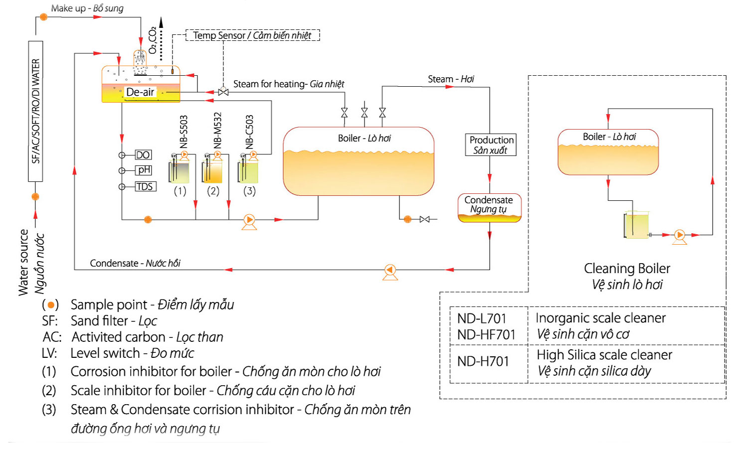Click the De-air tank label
pyautogui.click(x=140, y=92)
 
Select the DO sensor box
pyautogui.click(x=143, y=155)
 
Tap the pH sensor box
pyautogui.click(x=144, y=170)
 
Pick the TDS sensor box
pyautogui.click(x=145, y=186)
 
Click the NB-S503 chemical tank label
pyautogui.click(x=184, y=132)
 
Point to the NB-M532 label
pyautogui.click(x=217, y=130)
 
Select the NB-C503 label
pyautogui.click(x=250, y=132)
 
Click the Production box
pyautogui.click(x=491, y=145)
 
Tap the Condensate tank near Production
pyautogui.click(x=489, y=207)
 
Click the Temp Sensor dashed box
pyautogui.click(x=252, y=35)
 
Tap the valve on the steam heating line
pyautogui.click(x=223, y=92)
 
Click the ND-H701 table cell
pyautogui.click(x=483, y=361)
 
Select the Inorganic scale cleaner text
pyautogui.click(x=600, y=318)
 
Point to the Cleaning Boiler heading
pyautogui.click(x=627, y=269)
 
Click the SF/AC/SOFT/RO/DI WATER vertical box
pyautogui.click(x=35, y=111)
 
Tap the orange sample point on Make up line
pyautogui.click(x=44, y=17)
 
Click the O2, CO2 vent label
pyautogui.click(x=153, y=40)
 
